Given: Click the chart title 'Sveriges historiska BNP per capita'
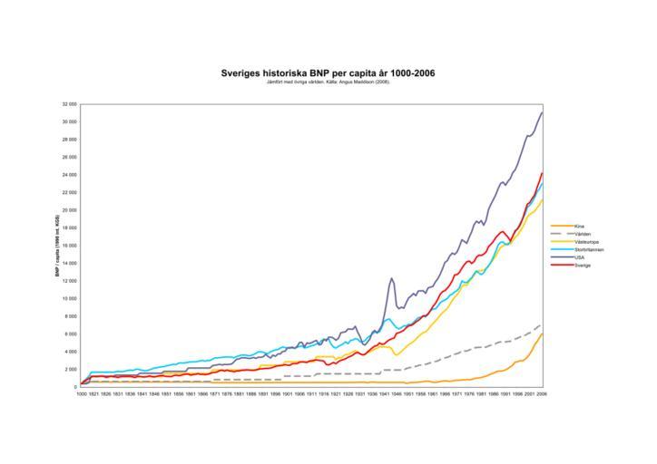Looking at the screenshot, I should pos(328,72).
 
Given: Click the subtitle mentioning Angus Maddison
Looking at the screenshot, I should pos(328,82).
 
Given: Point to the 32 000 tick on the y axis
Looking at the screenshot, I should pos(69,104).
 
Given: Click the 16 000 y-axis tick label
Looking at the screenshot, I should pos(69,246).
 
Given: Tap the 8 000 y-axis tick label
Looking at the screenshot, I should pos(70,316).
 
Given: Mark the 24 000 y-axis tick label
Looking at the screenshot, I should pos(69,175).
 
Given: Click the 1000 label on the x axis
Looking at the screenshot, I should pos(82,394).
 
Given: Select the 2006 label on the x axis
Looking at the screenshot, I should pos(542,394).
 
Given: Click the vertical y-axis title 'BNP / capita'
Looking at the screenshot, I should pos(57,245).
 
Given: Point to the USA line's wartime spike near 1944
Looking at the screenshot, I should pos(391,278).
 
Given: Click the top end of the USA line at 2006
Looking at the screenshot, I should pos(542,112).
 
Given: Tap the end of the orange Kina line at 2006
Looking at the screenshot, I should pos(542,333).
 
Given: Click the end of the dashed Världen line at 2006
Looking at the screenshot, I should pos(542,324).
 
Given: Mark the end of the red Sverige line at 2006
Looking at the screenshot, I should pos(542,173).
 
